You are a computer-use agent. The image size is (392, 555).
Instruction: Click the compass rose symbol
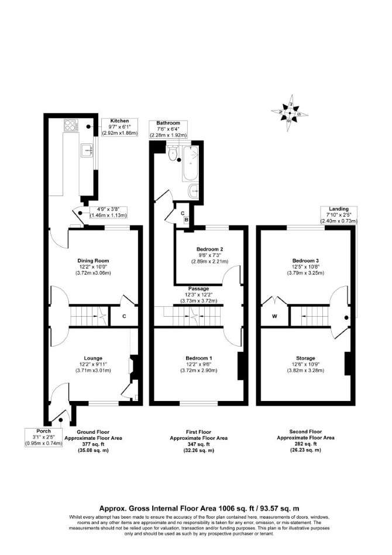pyautogui.click(x=290, y=113)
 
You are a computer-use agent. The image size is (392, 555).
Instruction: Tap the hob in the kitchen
pyautogui.click(x=71, y=125)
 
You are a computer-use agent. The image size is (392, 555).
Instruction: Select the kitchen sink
pyautogui.click(x=87, y=150)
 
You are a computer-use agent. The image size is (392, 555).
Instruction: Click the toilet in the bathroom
pyautogui.click(x=173, y=153)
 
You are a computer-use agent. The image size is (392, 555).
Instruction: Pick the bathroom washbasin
pyautogui.click(x=194, y=191)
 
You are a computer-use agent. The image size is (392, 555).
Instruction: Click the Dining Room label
pyautogui.click(x=93, y=261)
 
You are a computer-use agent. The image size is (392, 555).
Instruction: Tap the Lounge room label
pyautogui.click(x=93, y=358)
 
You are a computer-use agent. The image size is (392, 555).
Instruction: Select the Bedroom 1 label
pyautogui.click(x=198, y=358)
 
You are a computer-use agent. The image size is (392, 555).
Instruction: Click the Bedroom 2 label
pyautogui.click(x=210, y=249)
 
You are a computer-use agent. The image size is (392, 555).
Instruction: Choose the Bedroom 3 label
pyautogui.click(x=305, y=261)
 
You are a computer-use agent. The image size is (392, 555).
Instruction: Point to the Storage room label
pyautogui.click(x=305, y=358)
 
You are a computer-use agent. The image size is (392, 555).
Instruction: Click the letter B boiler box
pyautogui.click(x=187, y=220)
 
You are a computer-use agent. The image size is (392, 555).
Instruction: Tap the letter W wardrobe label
pyautogui.click(x=274, y=317)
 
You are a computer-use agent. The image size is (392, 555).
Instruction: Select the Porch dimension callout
pyautogui.click(x=43, y=437)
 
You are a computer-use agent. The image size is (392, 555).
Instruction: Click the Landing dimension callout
pyautogui.click(x=339, y=215)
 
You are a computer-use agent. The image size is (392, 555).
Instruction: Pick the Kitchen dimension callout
pyautogui.click(x=119, y=127)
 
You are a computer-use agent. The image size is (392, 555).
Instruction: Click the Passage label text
pyautogui.click(x=198, y=289)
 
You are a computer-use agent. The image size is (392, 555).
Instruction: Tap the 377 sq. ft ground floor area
pyautogui.click(x=93, y=444)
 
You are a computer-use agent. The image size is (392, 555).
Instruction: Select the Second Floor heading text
pyautogui.click(x=305, y=432)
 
